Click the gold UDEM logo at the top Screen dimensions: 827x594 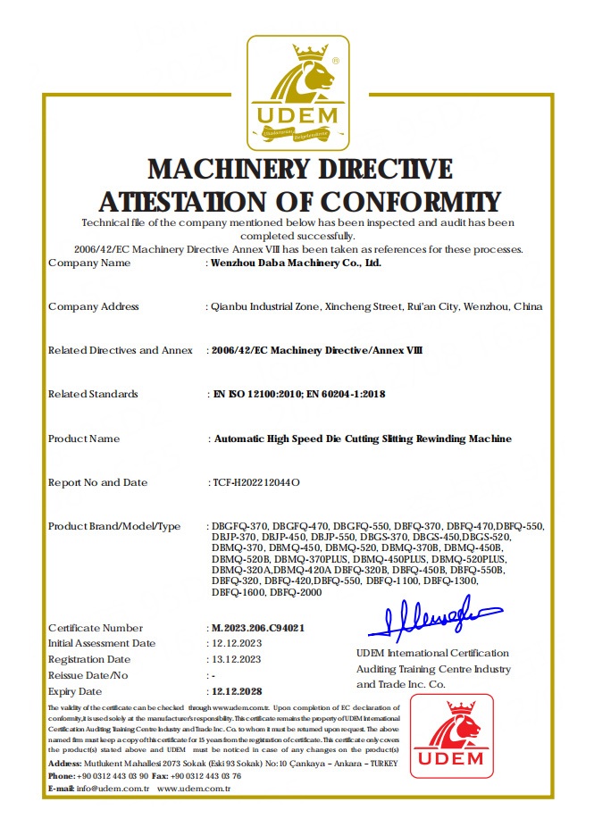coord(297,93)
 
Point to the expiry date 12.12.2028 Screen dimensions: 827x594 coord(237,691)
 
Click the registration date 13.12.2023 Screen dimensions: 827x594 coord(236,659)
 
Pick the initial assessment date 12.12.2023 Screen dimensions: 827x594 coord(236,643)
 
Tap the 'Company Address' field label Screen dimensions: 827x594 coord(94,306)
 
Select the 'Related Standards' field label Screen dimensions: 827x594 coord(93,394)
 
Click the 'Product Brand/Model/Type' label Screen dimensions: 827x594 coord(114,526)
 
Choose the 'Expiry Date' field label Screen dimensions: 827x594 coord(75,691)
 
